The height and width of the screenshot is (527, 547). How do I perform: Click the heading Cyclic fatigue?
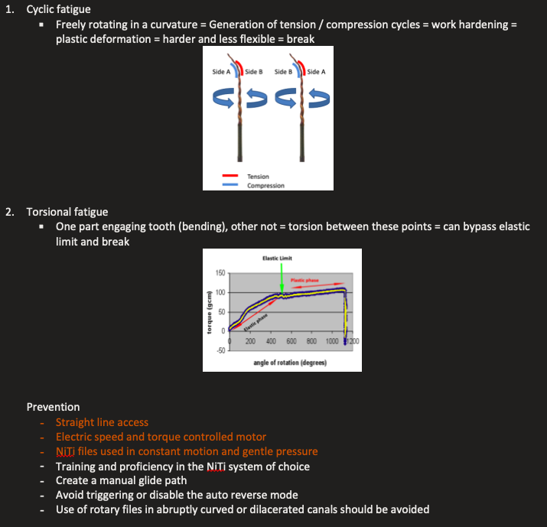[x=58, y=10]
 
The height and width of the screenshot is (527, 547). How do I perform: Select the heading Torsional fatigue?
[x=67, y=212]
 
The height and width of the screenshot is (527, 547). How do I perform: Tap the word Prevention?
[x=53, y=407]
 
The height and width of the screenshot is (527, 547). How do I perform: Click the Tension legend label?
[x=258, y=177]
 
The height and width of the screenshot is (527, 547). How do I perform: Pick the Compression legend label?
[x=265, y=185]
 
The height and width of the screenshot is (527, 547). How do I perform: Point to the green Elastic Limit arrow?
[x=282, y=280]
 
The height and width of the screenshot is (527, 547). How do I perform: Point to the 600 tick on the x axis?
[x=291, y=341]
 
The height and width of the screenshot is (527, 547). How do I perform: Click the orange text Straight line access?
[x=102, y=422]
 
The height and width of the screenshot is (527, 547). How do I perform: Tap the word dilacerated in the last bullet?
[x=277, y=509]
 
